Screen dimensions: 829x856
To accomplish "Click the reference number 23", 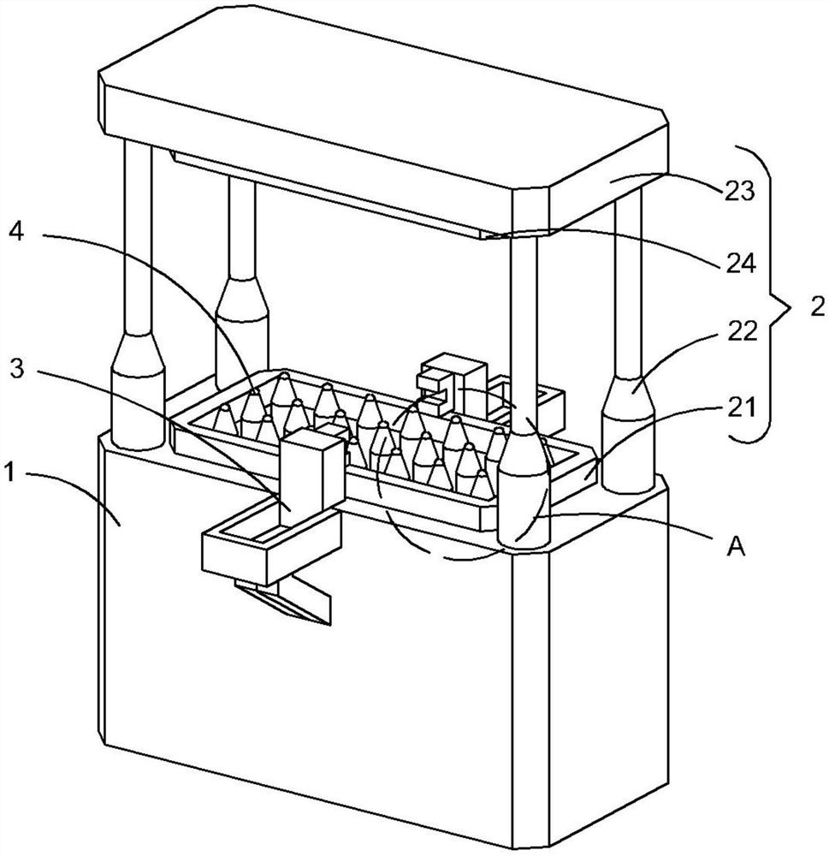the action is pyautogui.click(x=739, y=192).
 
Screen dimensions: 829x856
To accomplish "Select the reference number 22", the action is pyautogui.click(x=743, y=331).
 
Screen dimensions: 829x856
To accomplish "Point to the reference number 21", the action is pyautogui.click(x=742, y=407).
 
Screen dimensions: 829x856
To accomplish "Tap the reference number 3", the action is pyautogui.click(x=18, y=369).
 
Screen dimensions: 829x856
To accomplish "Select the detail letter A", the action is pyautogui.click(x=737, y=546).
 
